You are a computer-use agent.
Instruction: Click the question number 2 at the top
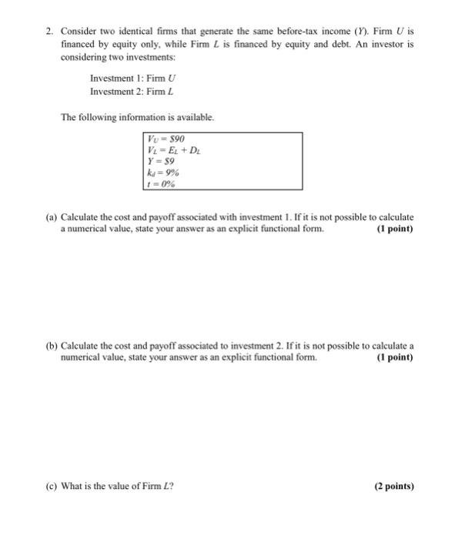pyautogui.click(x=48, y=32)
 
